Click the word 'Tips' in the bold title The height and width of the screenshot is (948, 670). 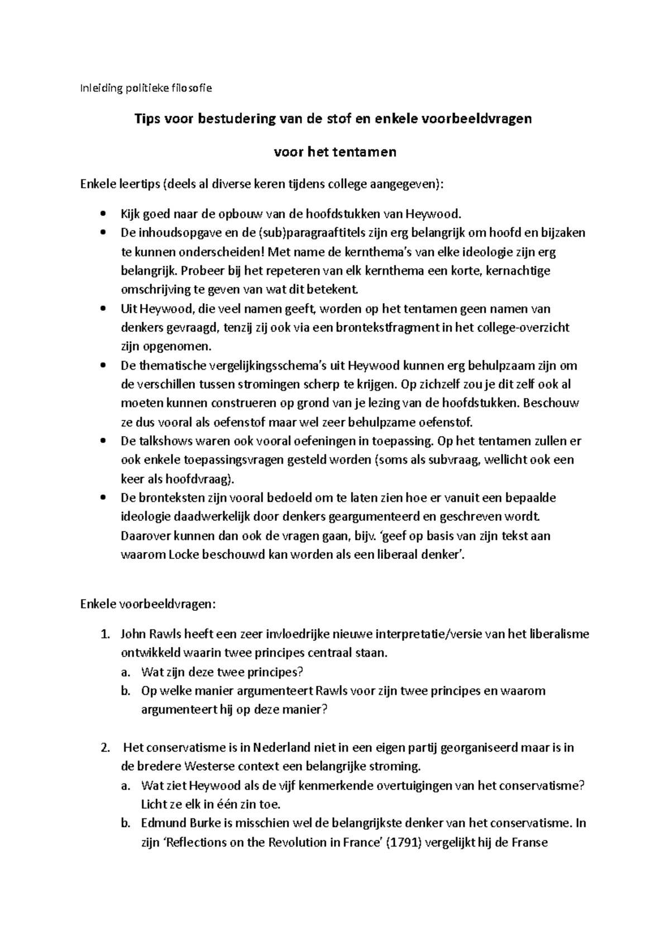point(146,119)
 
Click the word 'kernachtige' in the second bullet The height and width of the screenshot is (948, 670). point(518,271)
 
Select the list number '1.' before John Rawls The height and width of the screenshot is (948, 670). point(104,634)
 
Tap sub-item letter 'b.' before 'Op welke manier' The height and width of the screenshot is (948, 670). point(126,691)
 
